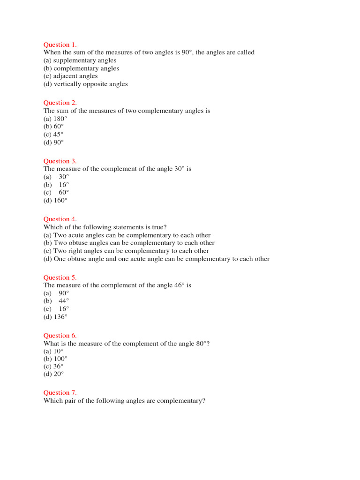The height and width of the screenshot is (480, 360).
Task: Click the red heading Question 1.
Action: pos(60,45)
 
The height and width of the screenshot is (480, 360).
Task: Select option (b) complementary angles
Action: pos(81,68)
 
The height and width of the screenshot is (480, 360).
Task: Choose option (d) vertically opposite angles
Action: pos(85,84)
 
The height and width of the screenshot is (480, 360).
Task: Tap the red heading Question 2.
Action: pos(60,103)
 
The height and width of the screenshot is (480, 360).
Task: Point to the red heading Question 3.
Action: pos(60,161)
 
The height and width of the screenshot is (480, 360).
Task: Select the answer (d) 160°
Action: pos(55,200)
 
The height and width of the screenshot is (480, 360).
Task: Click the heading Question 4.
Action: pos(60,219)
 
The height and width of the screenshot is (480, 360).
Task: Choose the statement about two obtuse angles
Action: pos(129,243)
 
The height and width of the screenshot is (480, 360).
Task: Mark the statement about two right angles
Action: pos(126,251)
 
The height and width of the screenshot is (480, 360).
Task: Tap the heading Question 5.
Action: pos(60,277)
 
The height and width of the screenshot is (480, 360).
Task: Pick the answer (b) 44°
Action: pos(56,301)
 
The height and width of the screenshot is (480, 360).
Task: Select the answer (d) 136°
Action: pos(55,317)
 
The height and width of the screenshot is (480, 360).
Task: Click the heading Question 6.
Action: pos(60,335)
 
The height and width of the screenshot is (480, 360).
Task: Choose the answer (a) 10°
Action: pos(53,351)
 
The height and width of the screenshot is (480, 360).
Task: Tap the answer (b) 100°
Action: pos(55,359)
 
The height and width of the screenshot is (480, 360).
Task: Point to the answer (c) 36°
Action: pos(53,367)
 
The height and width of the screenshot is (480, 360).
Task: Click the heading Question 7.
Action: pos(60,393)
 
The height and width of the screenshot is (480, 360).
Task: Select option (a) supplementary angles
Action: pos(80,60)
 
